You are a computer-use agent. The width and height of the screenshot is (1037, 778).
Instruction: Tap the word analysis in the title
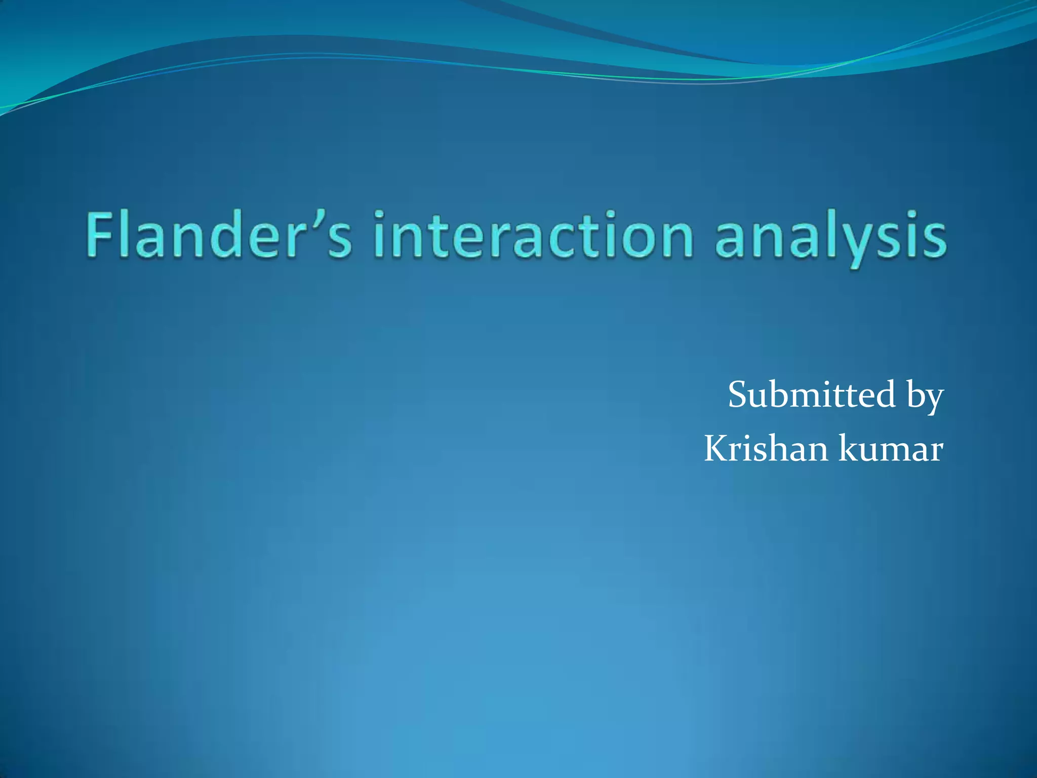tap(830, 236)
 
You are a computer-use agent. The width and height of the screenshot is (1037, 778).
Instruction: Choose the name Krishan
tap(767, 448)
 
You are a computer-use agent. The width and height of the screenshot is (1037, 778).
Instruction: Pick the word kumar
tap(891, 448)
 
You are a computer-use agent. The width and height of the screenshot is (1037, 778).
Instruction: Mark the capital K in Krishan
tap(716, 448)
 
